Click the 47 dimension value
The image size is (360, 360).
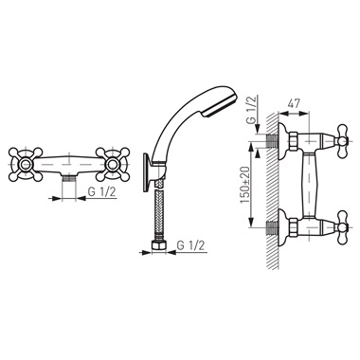click(293, 103)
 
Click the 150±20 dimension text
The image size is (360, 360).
click(245, 185)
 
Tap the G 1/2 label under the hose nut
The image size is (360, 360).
click(190, 246)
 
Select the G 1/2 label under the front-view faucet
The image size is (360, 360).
click(101, 192)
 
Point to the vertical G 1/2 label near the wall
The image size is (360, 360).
click(252, 111)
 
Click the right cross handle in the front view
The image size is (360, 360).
click(113, 164)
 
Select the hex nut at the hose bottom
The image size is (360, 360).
click(159, 246)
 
